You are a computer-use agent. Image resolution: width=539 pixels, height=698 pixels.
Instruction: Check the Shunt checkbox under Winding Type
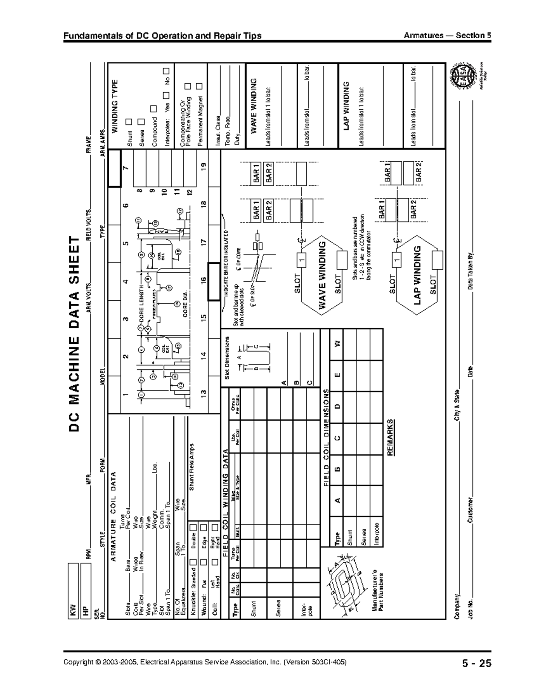129,122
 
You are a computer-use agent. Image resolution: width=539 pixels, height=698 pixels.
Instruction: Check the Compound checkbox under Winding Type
154,108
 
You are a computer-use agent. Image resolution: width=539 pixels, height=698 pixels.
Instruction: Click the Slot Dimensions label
227,358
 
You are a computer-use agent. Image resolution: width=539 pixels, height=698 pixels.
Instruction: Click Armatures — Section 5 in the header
447,36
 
